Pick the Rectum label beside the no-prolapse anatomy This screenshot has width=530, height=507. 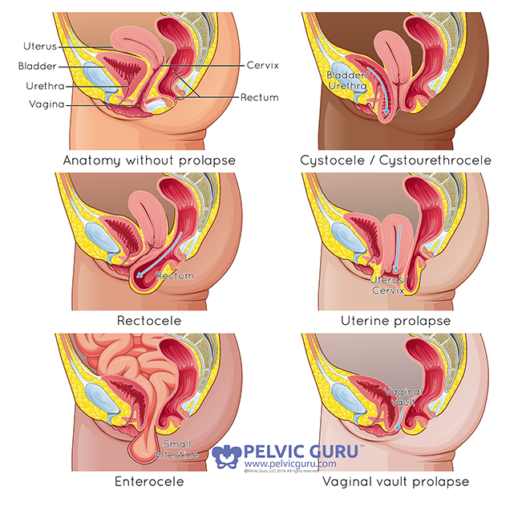coord(260,98)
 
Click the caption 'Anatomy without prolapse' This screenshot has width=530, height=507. coord(149,160)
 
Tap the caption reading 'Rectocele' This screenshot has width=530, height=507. coord(149,320)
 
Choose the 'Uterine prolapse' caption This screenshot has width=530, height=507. coord(395,320)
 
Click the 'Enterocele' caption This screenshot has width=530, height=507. coord(149,482)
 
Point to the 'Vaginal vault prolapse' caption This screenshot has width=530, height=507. coord(395,482)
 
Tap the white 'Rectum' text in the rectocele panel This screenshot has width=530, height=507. coord(175,277)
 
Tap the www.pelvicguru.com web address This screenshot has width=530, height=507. coord(289,464)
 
